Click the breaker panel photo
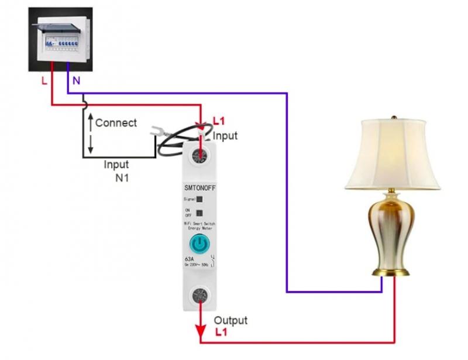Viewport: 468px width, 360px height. click(60, 39)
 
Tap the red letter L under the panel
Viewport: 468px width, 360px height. click(44, 81)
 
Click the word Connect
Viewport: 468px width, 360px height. click(116, 123)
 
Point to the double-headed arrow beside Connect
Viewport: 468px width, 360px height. click(91, 134)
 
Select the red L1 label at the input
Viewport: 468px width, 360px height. click(219, 122)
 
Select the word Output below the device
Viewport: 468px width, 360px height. click(230, 321)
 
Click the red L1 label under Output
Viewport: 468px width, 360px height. click(221, 332)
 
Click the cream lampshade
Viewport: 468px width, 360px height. click(391, 155)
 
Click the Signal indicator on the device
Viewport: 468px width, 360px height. click(199, 200)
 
